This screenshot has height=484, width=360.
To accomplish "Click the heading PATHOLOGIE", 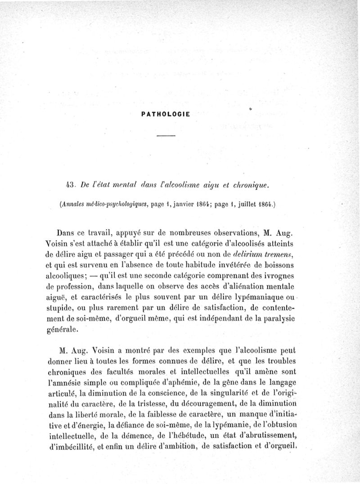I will (166, 114).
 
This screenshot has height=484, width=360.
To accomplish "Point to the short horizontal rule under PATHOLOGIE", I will (166, 136).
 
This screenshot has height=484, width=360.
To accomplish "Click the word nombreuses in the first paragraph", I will (193, 233).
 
